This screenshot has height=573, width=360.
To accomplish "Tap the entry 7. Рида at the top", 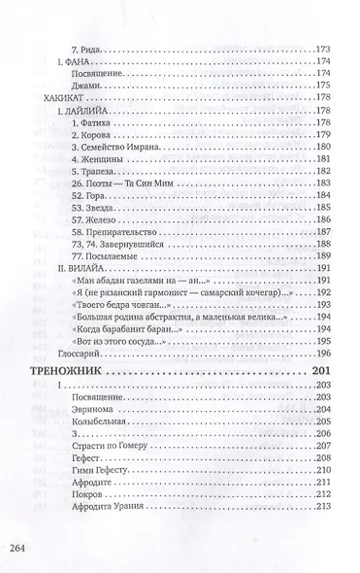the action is pos(92,47).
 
